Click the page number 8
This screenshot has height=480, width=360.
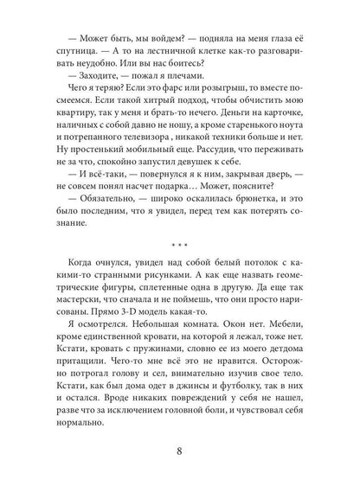180,450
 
